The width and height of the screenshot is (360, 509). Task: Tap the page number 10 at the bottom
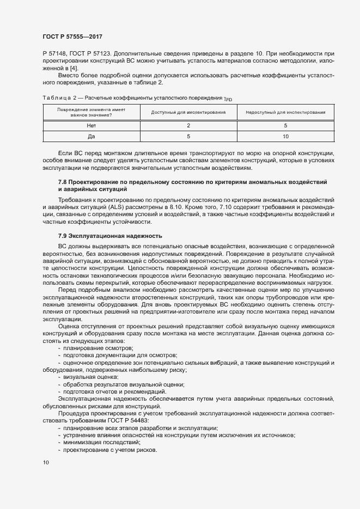tap(45, 463)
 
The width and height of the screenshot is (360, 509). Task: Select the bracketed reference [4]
tap(73, 68)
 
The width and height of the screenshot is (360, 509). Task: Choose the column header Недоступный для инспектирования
tap(286, 113)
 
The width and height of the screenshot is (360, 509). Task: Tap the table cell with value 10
tap(286, 136)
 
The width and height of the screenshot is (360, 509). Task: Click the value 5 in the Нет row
tap(286, 125)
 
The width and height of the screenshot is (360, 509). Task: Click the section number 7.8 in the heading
tap(63, 181)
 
